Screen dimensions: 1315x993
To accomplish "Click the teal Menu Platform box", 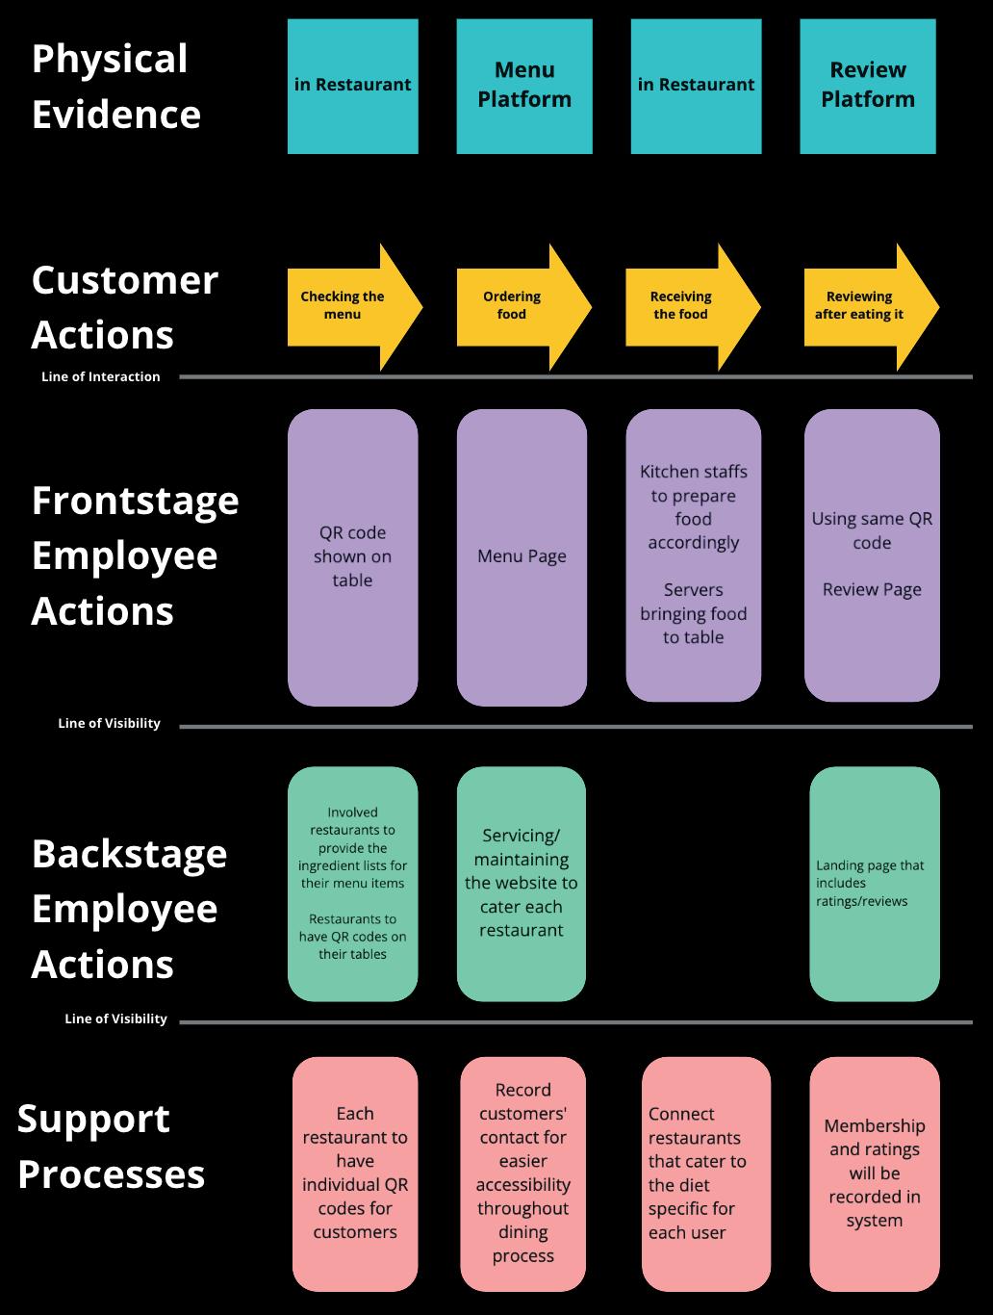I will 524,86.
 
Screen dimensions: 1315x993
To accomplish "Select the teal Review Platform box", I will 867,86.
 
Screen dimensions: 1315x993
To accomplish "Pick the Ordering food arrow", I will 518,306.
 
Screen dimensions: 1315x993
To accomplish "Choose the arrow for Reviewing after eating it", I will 865,306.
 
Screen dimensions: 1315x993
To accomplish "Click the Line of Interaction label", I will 101,376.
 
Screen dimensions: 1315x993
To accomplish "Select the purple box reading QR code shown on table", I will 352,556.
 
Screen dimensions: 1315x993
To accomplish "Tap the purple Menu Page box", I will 522,556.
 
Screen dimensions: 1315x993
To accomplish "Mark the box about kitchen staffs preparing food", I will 693,554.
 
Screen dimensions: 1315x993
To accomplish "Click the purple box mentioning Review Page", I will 872,554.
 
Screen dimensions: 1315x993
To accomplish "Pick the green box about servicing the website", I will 522,883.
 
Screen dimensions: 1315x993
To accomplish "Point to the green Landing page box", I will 874,883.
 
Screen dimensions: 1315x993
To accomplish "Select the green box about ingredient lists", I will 352,883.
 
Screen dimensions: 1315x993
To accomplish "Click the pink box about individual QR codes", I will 355,1173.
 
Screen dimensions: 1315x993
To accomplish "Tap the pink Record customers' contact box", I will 522,1173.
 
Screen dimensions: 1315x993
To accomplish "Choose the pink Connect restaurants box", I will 705,1173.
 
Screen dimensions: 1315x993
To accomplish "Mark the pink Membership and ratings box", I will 874,1173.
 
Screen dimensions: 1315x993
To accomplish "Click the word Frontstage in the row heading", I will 136,501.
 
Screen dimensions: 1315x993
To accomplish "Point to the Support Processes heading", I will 111,1146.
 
